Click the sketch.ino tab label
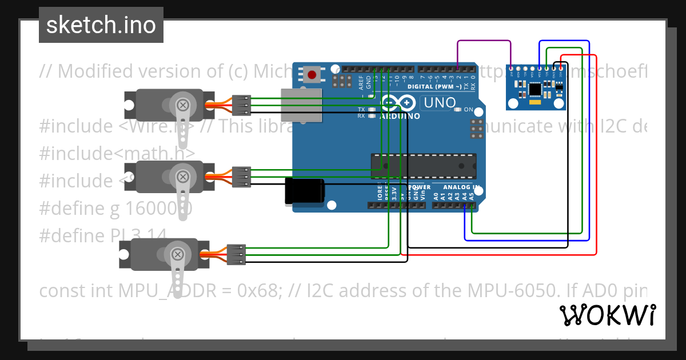point(101,25)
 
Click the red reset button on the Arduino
point(312,74)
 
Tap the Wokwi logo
point(607,315)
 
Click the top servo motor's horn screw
point(183,105)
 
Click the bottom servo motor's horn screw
point(178,254)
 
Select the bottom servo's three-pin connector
point(236,254)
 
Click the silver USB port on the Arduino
point(301,105)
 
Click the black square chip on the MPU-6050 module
point(536,89)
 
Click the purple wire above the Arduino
point(484,41)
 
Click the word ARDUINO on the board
point(400,116)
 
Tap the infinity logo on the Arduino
point(398,103)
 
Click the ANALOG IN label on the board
point(461,187)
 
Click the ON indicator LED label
point(468,110)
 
